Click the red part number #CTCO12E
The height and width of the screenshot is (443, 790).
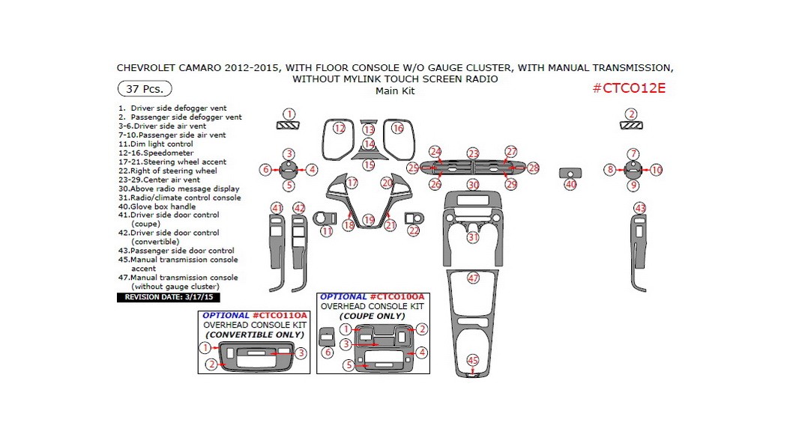coord(628,88)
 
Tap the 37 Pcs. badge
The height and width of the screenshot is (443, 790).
coord(145,88)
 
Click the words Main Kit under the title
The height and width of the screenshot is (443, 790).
coord(394,91)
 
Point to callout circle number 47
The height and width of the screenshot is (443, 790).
coord(473,278)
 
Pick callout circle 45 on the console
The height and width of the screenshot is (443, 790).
coord(473,361)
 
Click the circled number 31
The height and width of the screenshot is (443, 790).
coord(473,237)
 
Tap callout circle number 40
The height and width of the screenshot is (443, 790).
coord(570,184)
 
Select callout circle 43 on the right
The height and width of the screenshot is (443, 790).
coord(639,207)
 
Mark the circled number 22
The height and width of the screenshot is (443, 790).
coord(414,231)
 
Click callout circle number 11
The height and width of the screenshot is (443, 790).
coord(326,231)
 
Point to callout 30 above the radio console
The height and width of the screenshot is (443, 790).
coord(472,184)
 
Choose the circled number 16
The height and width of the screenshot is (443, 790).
coord(397,129)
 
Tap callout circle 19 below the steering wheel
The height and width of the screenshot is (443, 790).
coord(368,220)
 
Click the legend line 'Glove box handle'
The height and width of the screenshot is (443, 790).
coord(163,207)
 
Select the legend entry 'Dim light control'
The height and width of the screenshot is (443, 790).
coord(160,144)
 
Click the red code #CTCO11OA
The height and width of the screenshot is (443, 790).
coord(280,316)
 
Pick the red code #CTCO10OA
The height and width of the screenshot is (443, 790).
coord(397,297)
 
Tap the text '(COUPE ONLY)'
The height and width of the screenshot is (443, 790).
coord(373,316)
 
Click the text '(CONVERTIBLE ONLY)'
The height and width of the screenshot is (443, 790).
coord(255,334)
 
